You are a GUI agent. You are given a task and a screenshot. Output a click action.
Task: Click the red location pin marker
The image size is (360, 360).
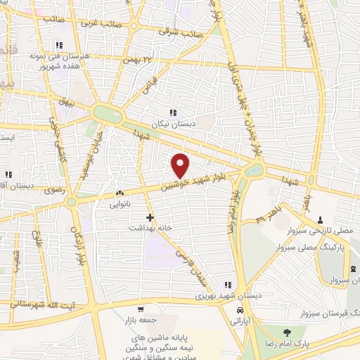click(181, 165)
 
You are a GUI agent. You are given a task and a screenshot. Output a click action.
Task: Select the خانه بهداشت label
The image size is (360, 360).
click(149, 229)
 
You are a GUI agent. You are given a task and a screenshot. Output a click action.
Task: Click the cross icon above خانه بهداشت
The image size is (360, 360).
click(150, 218)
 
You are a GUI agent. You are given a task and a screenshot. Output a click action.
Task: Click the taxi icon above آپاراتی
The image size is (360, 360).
click(240, 309)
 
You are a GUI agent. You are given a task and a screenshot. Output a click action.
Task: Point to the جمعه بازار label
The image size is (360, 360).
click(141, 319)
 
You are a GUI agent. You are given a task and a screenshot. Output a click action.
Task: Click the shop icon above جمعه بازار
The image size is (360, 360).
click(141, 309)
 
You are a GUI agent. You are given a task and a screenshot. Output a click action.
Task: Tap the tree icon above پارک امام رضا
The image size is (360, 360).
click(286, 332)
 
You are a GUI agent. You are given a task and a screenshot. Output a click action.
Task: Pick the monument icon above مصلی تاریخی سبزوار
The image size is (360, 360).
click(321, 219)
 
